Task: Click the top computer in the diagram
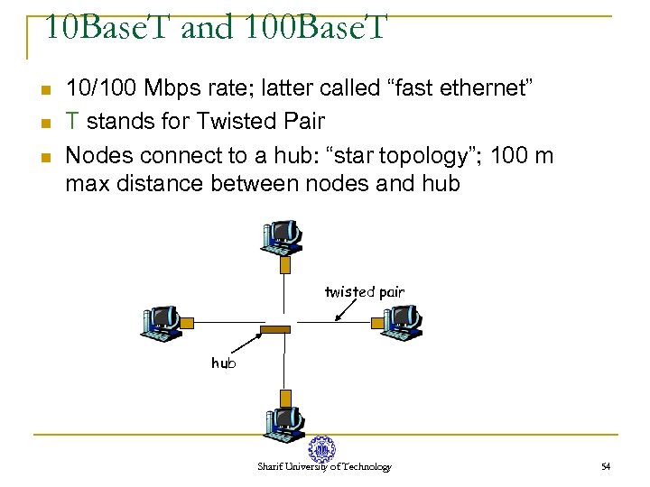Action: tap(280, 236)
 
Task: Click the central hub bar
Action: tap(275, 330)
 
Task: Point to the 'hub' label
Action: tap(224, 363)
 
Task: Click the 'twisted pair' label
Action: tap(365, 291)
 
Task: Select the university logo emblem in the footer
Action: tap(320, 448)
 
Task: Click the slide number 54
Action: tap(606, 466)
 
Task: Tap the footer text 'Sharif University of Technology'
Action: tap(324, 466)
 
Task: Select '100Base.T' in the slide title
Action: tap(314, 28)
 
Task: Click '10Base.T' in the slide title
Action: tap(107, 28)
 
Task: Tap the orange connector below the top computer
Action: tap(285, 265)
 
